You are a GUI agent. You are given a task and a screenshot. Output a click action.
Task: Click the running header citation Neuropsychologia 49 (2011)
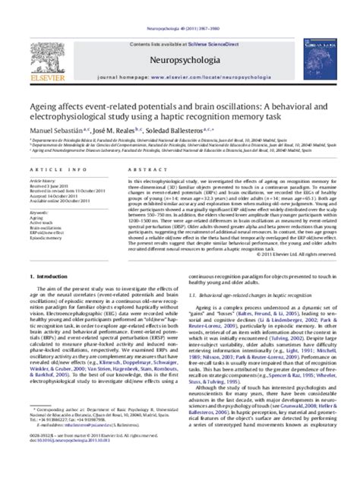[180, 5]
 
